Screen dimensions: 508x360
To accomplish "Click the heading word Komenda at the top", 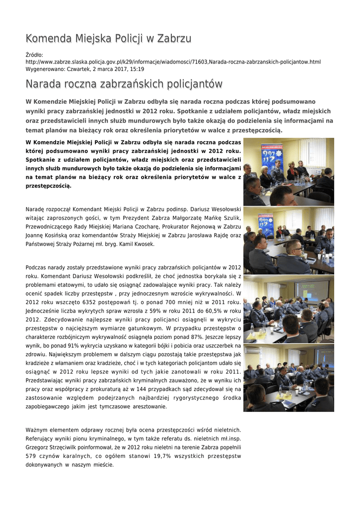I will (49, 39).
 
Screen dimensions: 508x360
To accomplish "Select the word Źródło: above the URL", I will (34, 55).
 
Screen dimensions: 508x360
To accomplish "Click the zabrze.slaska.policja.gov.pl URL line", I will (173, 62).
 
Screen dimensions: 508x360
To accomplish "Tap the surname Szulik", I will (231, 218).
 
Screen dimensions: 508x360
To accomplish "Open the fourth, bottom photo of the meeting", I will (288, 378).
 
